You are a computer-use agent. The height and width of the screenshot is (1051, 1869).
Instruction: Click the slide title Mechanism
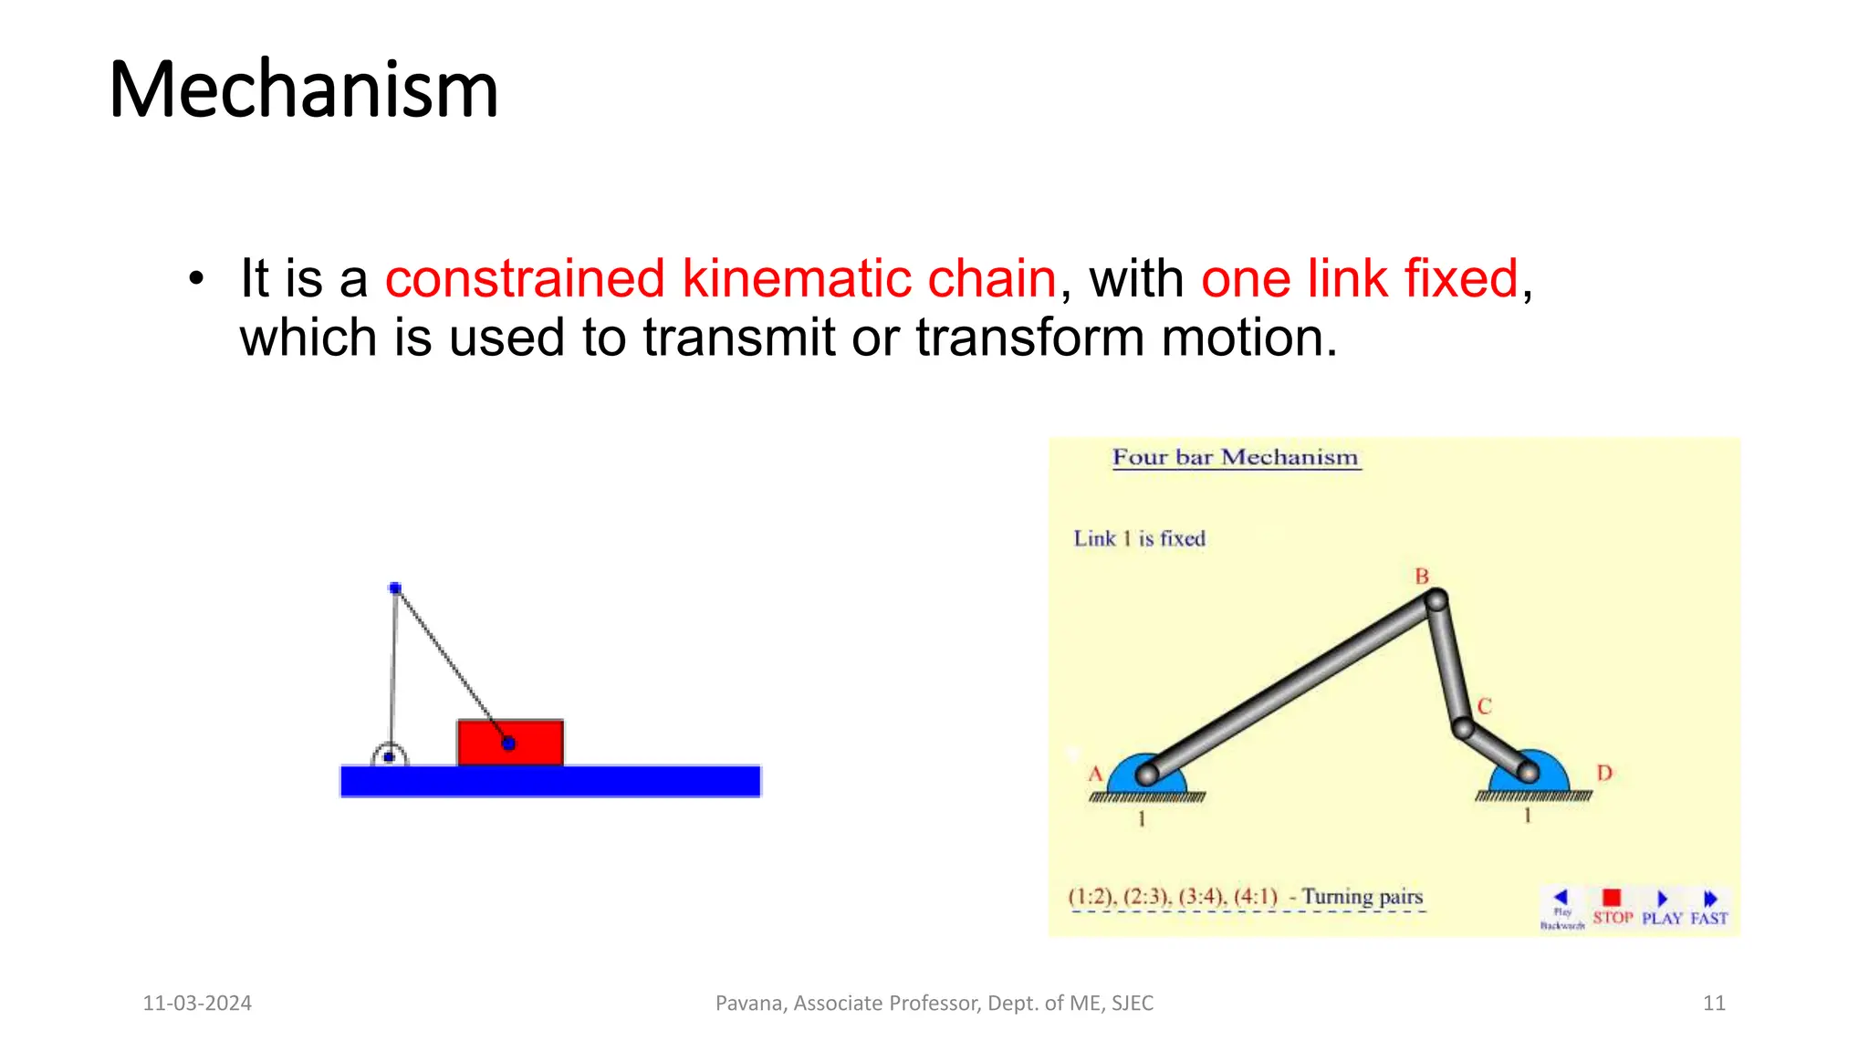pos(303,89)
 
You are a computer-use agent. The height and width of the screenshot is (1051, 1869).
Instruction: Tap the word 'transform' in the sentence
pos(1029,338)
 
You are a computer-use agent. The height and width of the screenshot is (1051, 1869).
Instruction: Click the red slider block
pos(510,743)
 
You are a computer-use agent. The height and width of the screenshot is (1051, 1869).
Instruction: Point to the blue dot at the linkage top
pos(395,588)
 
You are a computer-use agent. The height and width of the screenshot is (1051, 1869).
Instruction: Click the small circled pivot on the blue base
pos(390,756)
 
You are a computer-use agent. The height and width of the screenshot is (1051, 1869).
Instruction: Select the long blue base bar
pos(550,782)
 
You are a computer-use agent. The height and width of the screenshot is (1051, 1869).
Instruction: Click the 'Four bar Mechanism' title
pos(1235,457)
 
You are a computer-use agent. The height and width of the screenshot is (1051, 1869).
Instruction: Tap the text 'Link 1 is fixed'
pos(1139,538)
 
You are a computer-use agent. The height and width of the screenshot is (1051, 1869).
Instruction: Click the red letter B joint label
pos(1422,577)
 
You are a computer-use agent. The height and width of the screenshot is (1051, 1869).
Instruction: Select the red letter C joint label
pos(1485,707)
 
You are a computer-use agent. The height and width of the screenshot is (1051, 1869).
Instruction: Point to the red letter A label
pos(1095,775)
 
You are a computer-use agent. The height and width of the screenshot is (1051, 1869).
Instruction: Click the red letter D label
pos(1604,773)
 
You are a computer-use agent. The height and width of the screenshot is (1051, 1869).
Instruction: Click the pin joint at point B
pos(1436,600)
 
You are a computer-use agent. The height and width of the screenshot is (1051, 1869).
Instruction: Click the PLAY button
pos(1662,908)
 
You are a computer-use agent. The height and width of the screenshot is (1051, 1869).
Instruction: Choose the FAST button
pos(1709,908)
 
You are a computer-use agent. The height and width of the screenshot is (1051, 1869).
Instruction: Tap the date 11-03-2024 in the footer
pos(197,1004)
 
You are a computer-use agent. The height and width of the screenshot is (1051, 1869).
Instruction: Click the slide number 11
pos(1714,1004)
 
